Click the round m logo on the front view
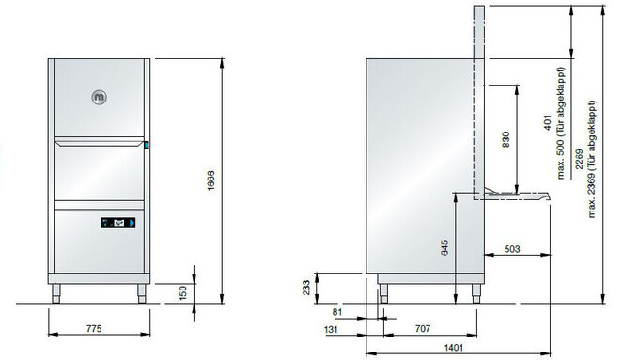[100, 97]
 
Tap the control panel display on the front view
[118, 223]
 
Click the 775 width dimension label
[94, 328]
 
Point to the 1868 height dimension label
[210, 180]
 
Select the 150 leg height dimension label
[183, 292]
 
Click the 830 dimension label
[506, 139]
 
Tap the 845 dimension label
[444, 247]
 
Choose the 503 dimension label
[512, 249]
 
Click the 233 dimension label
[306, 288]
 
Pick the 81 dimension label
[337, 312]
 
